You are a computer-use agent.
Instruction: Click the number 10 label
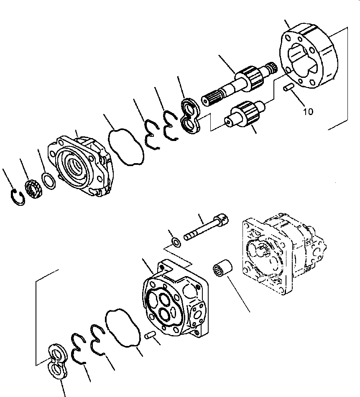[308, 112]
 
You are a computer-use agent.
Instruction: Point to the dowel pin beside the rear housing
[150, 335]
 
